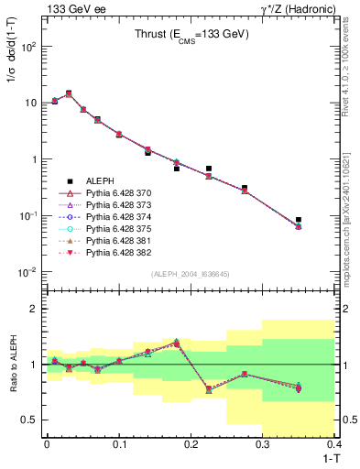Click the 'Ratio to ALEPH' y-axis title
(x=12, y=365)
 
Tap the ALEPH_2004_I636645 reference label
(x=191, y=274)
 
